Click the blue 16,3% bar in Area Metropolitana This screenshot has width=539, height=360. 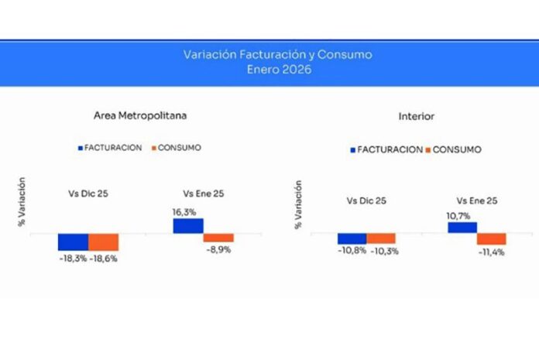(x=187, y=225)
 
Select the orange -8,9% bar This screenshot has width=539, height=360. (x=218, y=238)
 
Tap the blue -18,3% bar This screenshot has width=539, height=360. (x=73, y=242)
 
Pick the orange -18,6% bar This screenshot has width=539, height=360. (x=103, y=242)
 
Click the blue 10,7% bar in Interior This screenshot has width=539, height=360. (x=462, y=228)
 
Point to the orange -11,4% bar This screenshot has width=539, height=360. (x=492, y=239)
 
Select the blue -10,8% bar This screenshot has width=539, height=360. (x=351, y=238)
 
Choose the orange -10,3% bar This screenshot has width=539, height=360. (x=381, y=238)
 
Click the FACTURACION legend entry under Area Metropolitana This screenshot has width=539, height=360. (x=109, y=147)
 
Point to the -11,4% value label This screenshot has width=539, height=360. (x=491, y=252)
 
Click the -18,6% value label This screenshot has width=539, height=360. (x=106, y=258)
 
